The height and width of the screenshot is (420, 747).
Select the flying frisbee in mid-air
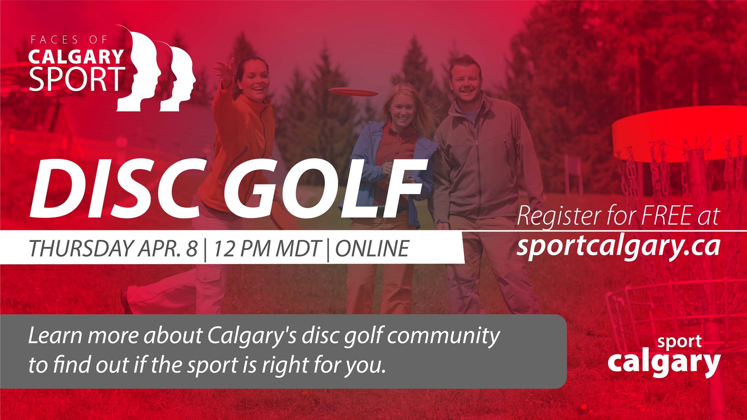click(353, 92)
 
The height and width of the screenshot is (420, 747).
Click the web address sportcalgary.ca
click(618, 247)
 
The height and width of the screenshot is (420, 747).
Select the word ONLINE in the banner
click(372, 248)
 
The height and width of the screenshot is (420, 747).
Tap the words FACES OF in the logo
click(69, 39)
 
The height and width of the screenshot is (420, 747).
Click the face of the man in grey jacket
click(465, 82)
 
